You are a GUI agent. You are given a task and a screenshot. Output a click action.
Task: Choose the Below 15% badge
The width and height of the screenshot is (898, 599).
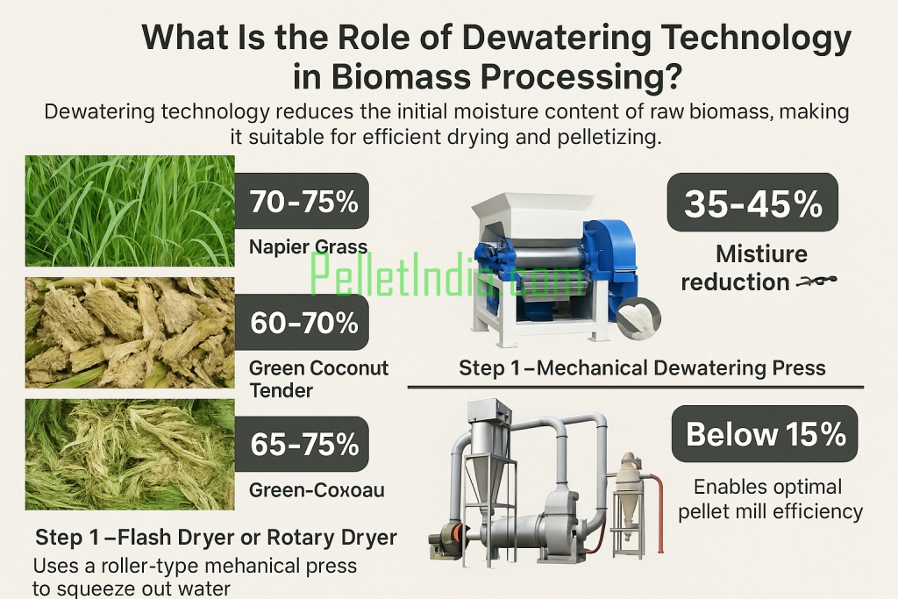point(765,433)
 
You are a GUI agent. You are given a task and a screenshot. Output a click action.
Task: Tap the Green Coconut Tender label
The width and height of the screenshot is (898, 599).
point(318,378)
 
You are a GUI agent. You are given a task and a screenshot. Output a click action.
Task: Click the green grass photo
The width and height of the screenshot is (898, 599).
point(130,210)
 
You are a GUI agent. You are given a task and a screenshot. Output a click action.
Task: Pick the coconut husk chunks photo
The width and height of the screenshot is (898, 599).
point(130,332)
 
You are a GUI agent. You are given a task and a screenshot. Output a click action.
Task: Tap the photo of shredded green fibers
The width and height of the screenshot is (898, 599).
point(130,453)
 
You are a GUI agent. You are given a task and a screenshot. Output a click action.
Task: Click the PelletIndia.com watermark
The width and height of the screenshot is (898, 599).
point(447,274)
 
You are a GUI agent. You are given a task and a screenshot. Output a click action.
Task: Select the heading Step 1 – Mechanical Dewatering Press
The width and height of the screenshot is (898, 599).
point(642,367)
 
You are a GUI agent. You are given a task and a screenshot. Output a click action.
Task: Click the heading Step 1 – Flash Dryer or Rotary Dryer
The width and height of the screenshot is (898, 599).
point(216,536)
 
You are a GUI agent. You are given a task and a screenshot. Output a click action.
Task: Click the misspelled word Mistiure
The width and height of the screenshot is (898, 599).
point(761,254)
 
